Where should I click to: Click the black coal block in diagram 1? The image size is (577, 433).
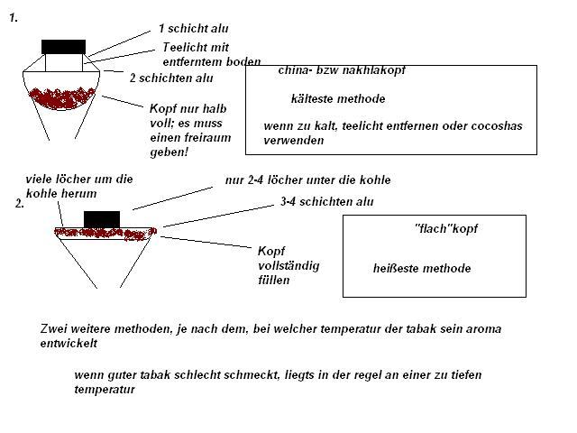(64, 47)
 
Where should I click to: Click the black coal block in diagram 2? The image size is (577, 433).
(102, 219)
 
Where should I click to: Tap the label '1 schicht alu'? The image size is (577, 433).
(194, 29)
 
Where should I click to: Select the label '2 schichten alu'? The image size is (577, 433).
(171, 78)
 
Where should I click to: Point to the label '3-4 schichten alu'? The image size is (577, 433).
(327, 202)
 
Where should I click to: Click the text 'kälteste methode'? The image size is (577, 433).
(338, 98)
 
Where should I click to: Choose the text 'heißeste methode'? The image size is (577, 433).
(422, 268)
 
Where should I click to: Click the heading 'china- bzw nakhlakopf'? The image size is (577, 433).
(342, 70)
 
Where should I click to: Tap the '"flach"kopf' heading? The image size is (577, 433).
(446, 228)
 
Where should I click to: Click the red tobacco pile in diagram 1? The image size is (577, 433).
(62, 98)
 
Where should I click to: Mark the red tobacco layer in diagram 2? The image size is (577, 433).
(105, 233)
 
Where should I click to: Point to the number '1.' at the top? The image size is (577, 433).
(14, 18)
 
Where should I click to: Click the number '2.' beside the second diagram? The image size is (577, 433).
(20, 204)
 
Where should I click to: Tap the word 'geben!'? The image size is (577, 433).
(169, 152)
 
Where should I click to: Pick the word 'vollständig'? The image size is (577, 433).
(288, 266)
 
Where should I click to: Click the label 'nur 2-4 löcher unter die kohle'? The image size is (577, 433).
(308, 180)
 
